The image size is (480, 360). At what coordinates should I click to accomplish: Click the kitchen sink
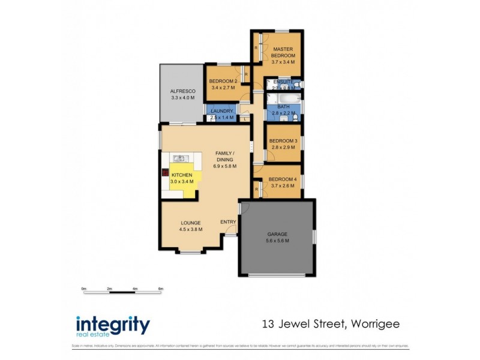click(179, 158)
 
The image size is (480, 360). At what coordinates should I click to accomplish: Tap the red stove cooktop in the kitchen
click(164, 173)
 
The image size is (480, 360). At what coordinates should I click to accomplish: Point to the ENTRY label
click(228, 222)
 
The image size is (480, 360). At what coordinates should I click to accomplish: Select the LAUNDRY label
click(222, 110)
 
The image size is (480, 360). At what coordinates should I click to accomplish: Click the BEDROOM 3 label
click(283, 141)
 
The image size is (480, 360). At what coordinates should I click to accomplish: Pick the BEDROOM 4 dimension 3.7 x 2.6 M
click(283, 186)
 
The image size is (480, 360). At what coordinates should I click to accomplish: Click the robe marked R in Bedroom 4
click(257, 190)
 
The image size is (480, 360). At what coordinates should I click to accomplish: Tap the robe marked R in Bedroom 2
click(247, 74)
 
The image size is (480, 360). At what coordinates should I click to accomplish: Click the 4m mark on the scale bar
click(135, 289)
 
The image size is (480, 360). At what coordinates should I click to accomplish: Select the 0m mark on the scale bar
click(84, 289)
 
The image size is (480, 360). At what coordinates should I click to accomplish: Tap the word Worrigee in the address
click(372, 325)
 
